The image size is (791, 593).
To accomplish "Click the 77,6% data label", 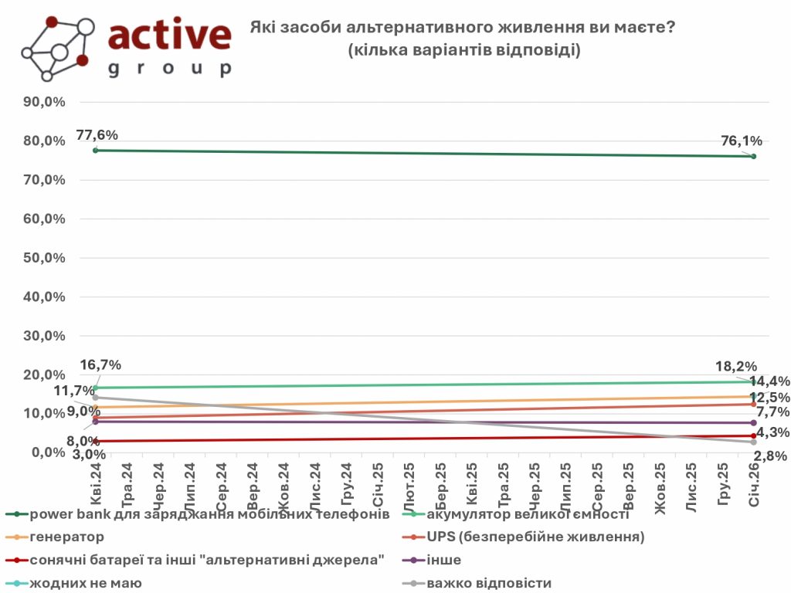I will tap(97, 135).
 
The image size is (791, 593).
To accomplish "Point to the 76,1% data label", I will tap(742, 141).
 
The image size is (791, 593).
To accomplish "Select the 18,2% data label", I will tap(736, 366).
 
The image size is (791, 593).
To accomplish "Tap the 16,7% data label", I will tap(100, 365).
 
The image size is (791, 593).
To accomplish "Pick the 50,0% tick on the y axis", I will tap(43, 258).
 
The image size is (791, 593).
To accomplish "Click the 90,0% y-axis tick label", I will tap(43, 102).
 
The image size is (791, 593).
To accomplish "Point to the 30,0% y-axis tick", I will tap(43, 336).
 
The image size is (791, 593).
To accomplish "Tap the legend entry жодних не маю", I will tap(85, 583).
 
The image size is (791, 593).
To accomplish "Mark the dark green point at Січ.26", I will tap(753, 157).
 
